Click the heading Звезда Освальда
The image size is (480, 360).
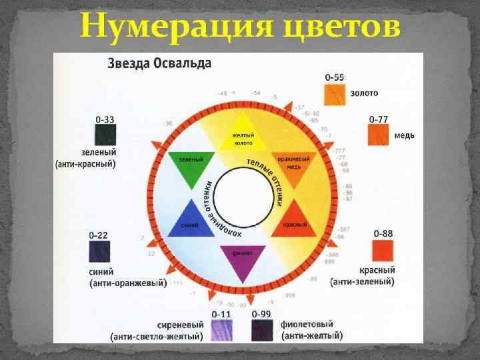tap(160, 64)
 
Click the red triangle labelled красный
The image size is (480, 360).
tap(293, 220)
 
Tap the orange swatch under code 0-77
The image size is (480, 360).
tap(379, 135)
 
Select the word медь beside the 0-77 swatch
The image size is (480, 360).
tap(404, 135)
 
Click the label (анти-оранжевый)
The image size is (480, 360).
tap(128, 283)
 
